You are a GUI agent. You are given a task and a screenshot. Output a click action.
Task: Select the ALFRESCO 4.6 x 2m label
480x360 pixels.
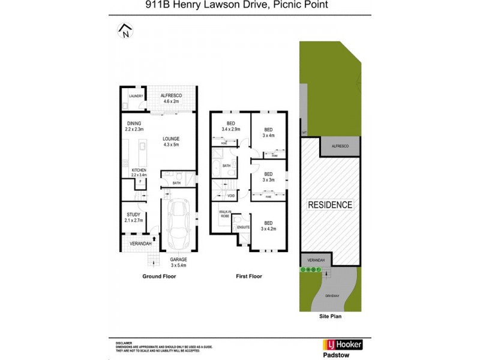pyautogui.click(x=171, y=99)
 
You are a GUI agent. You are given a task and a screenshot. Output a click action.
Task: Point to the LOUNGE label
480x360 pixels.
pyautogui.click(x=172, y=142)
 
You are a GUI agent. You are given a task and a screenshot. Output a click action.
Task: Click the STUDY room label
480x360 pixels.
pyautogui.click(x=133, y=218)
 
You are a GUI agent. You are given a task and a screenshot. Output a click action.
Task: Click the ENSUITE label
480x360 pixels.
pyautogui.click(x=243, y=227)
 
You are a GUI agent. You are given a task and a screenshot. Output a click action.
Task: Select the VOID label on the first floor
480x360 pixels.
pyautogui.click(x=231, y=196)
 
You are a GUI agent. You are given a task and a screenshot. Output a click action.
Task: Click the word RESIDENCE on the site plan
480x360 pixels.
pyautogui.click(x=330, y=205)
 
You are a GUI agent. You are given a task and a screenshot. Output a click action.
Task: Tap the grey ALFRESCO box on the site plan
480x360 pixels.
pyautogui.click(x=340, y=145)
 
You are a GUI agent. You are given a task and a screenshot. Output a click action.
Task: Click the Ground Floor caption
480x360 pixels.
pyautogui.click(x=158, y=277)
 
